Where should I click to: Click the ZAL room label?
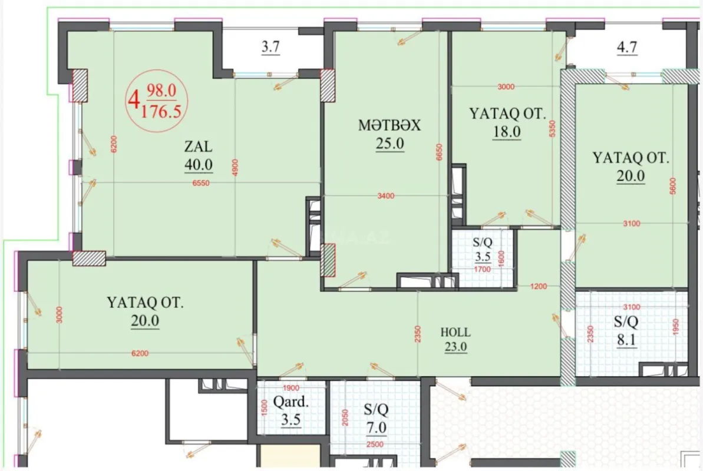pyautogui.click(x=198, y=146)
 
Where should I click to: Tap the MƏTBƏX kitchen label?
pyautogui.click(x=390, y=125)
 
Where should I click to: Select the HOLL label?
pyautogui.click(x=456, y=332)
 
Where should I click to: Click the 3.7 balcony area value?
pyautogui.click(x=270, y=48)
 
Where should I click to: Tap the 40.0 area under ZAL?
pyautogui.click(x=198, y=165)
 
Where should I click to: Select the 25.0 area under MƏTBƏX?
pyautogui.click(x=390, y=143)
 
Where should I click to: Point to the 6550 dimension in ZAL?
pyautogui.click(x=202, y=183)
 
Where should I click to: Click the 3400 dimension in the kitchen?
pyautogui.click(x=385, y=195)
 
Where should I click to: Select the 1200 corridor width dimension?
pyautogui.click(x=538, y=287)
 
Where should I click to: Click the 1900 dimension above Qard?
pyautogui.click(x=291, y=388)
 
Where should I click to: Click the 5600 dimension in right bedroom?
pyautogui.click(x=673, y=188)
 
